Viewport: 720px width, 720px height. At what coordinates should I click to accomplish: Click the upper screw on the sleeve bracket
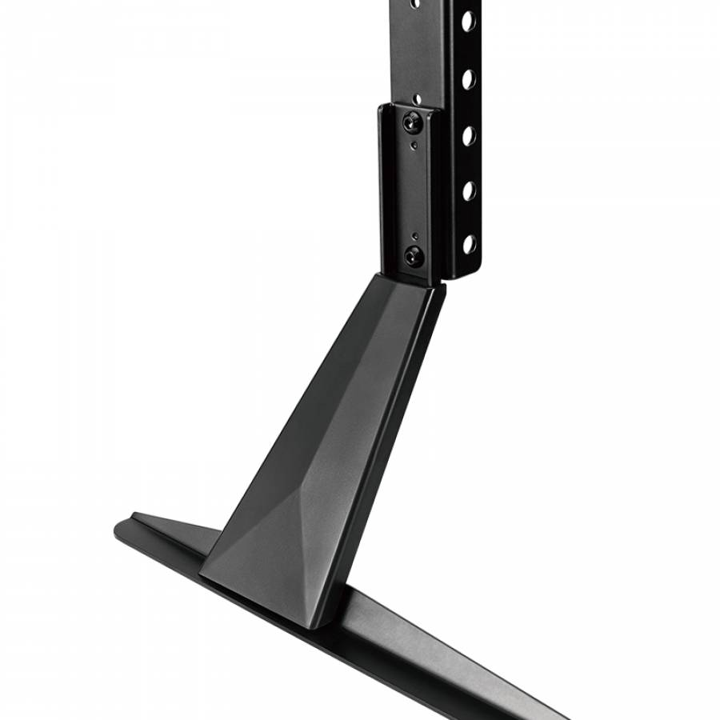coord(413,122)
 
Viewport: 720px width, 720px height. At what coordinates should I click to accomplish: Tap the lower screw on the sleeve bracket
coord(414,256)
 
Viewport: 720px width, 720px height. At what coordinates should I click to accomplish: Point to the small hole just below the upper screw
coord(414,146)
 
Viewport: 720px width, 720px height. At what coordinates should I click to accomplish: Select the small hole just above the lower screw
coord(414,236)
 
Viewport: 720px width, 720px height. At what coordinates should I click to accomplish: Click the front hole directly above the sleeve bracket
coord(416,99)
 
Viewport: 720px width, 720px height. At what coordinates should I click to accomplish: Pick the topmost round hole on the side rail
coord(468,21)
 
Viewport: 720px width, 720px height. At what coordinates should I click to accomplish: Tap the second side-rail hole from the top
coord(468,78)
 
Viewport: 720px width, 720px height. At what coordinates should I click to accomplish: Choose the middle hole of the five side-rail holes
coord(468,135)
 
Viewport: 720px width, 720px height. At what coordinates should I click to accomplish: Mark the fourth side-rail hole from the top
coord(468,190)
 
